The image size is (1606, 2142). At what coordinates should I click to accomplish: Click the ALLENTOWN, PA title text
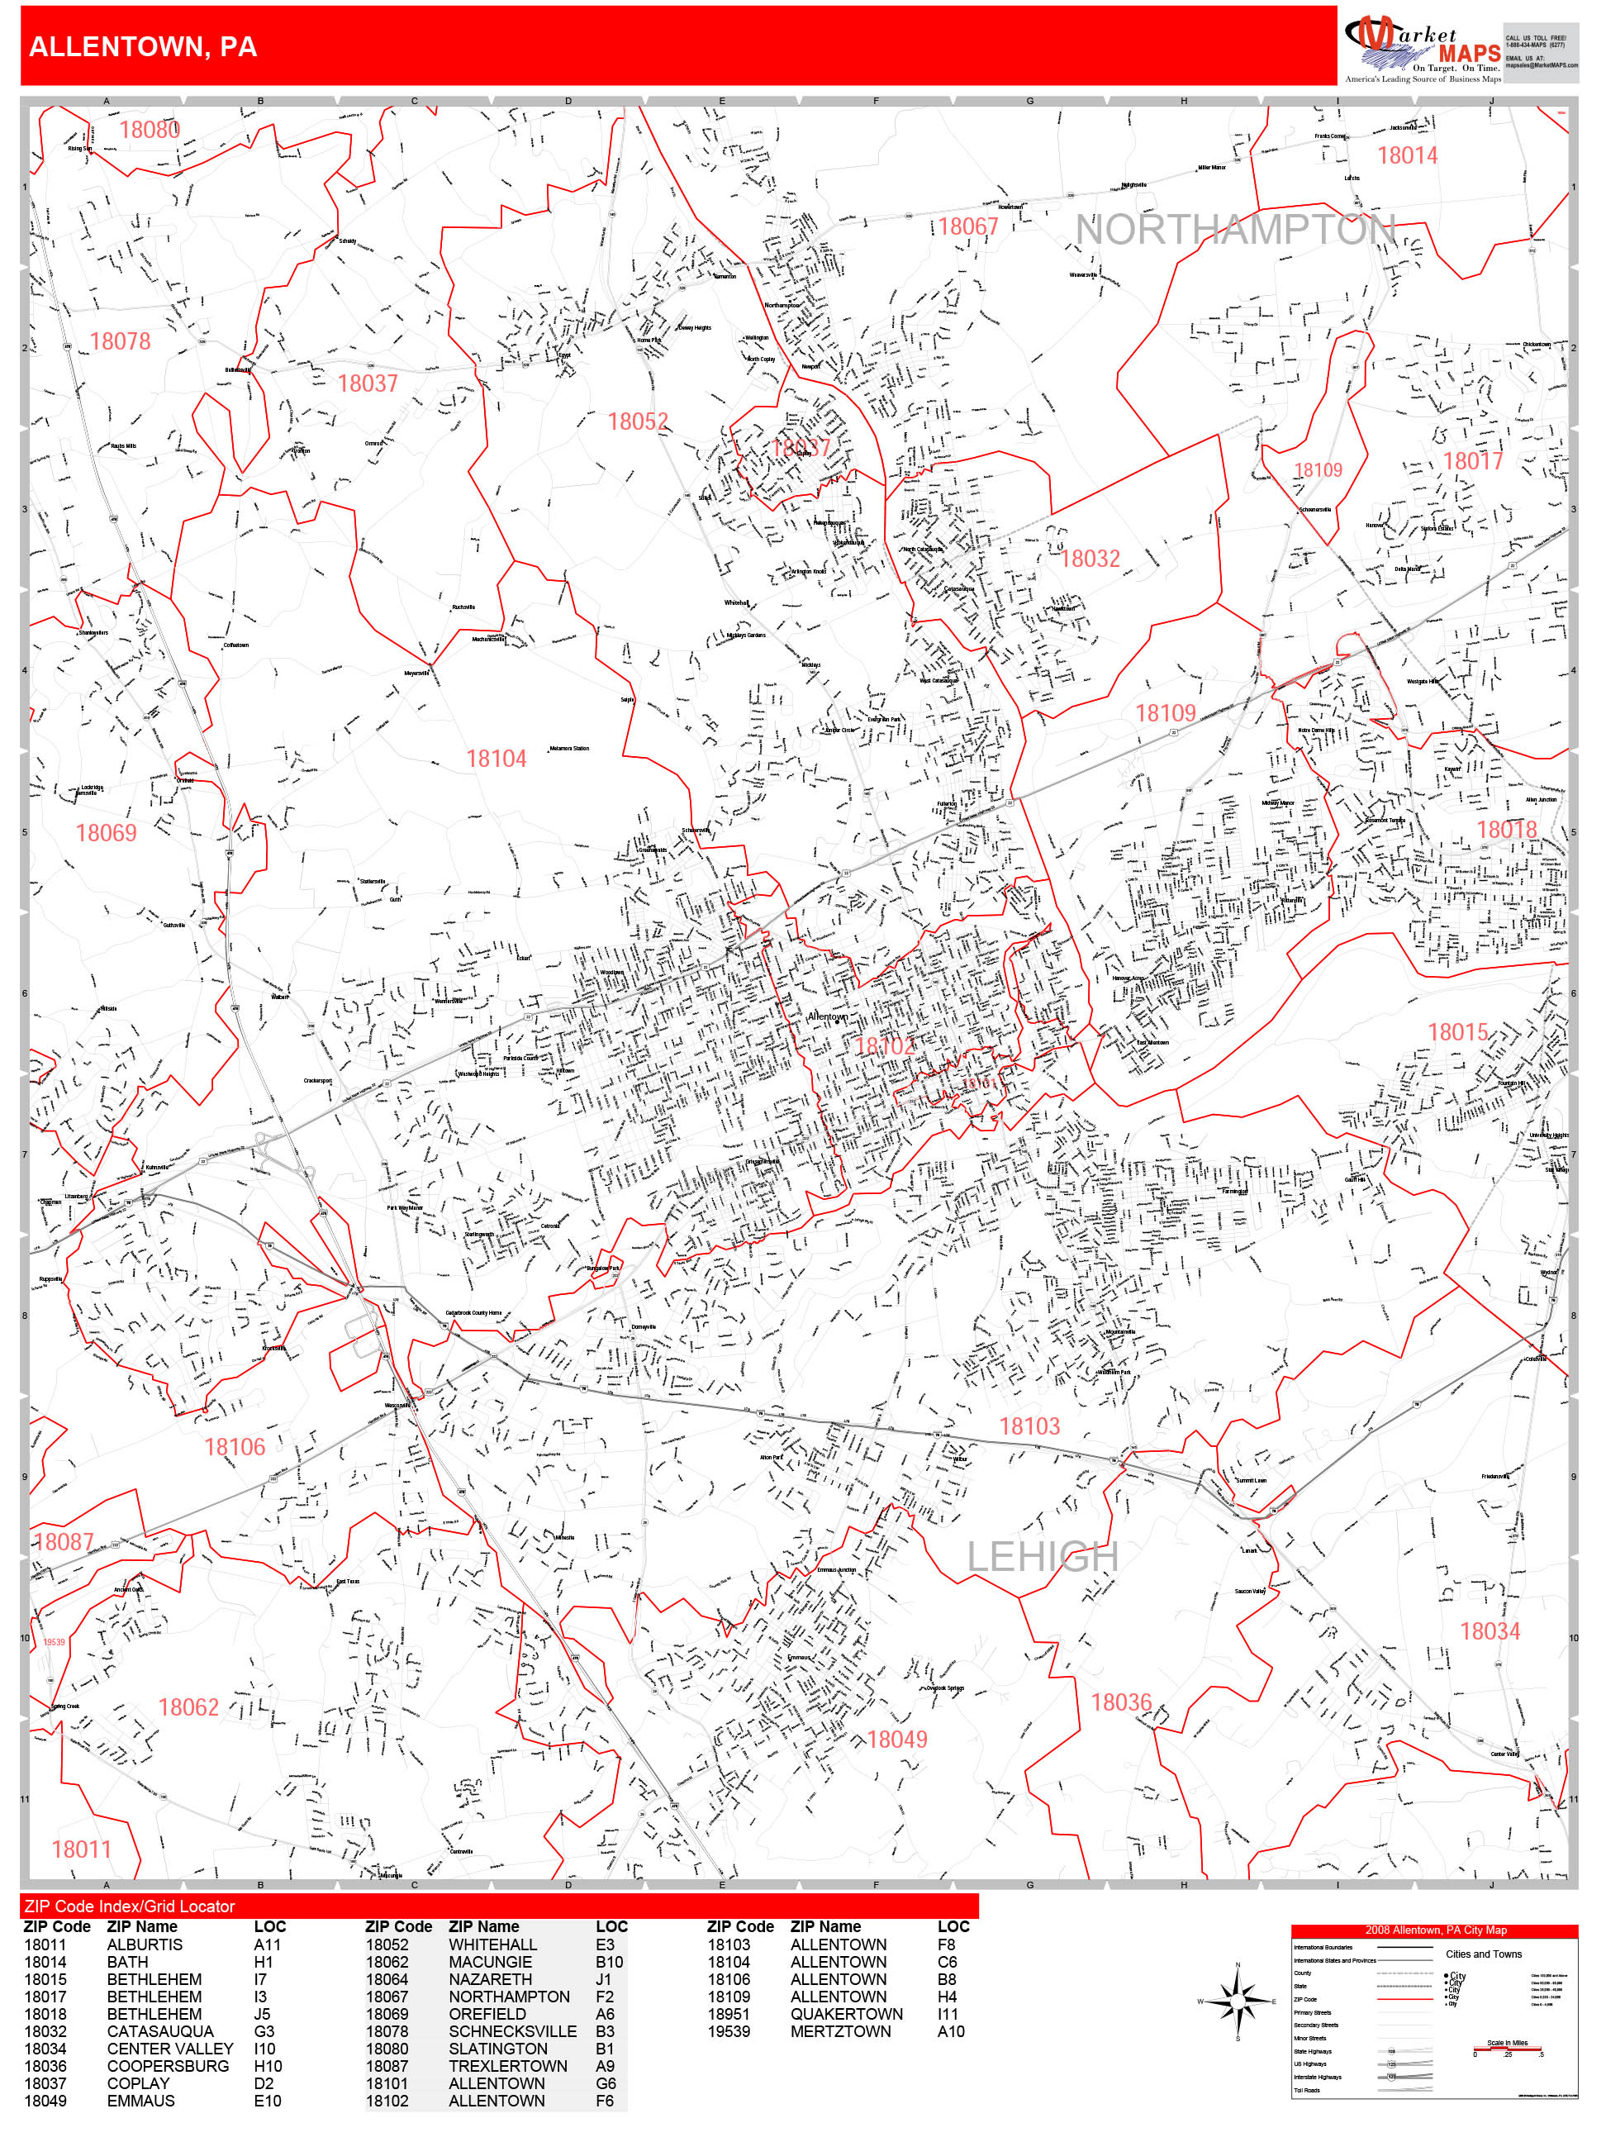pyautogui.click(x=143, y=46)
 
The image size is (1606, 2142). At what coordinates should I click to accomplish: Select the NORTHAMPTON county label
pyautogui.click(x=1234, y=231)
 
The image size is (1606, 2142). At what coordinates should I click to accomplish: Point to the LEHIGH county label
pyautogui.click(x=1043, y=1557)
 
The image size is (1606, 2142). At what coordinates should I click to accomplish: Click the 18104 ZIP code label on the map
pyautogui.click(x=496, y=759)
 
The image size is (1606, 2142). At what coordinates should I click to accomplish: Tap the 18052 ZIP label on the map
pyautogui.click(x=638, y=422)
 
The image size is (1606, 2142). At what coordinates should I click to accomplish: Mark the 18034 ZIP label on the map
pyautogui.click(x=1489, y=1631)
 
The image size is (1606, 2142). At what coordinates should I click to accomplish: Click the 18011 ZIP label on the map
pyautogui.click(x=81, y=1849)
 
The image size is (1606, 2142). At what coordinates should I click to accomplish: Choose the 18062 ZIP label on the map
pyautogui.click(x=188, y=1707)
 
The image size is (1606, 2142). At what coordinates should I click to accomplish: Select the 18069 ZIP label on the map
pyautogui.click(x=106, y=834)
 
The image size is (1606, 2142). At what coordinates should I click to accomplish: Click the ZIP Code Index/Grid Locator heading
pyautogui.click(x=130, y=1906)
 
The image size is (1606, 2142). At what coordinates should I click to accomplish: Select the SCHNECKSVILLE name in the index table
pyautogui.click(x=511, y=2031)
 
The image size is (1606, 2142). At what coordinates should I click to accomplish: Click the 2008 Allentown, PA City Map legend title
pyautogui.click(x=1435, y=1930)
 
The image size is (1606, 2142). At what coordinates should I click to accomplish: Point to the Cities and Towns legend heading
pyautogui.click(x=1483, y=1954)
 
